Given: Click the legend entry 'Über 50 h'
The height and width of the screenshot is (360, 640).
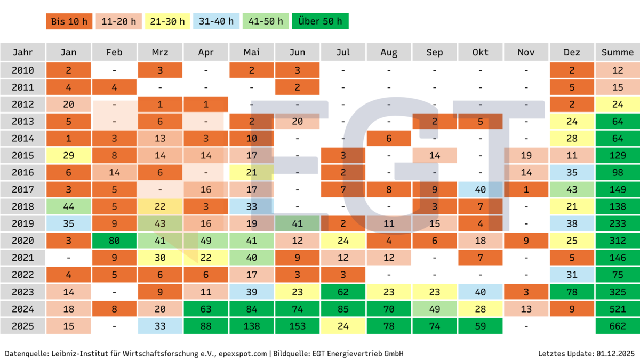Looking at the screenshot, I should pos(320,21).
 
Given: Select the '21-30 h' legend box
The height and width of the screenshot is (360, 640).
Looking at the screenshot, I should pos(167,21).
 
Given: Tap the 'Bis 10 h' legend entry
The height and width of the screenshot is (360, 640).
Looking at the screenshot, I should pos(69,21).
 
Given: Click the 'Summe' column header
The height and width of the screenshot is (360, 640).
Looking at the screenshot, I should pos(617,52).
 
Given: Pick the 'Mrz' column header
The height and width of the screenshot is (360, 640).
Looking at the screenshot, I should pos(160,52).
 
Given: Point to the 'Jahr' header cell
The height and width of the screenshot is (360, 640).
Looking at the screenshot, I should pos(22,52).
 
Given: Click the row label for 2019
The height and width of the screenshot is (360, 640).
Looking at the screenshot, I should pos(22,223).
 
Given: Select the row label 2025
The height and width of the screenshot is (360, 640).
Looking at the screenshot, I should pos(22,326).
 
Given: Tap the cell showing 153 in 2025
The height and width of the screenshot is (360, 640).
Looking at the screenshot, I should pos(297,326).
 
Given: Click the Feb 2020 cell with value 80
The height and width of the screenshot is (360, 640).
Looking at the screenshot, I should pos(114,241).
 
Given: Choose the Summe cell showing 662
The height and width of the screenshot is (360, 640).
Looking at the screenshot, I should pos(617,326).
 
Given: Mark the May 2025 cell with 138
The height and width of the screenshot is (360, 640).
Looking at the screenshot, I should pos(252,326).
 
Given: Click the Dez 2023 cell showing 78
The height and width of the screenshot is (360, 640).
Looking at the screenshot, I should pos(572,292).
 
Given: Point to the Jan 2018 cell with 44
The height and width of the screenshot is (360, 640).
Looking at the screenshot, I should pos(69,206).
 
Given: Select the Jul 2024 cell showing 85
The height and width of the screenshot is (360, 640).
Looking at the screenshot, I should pos(343,309).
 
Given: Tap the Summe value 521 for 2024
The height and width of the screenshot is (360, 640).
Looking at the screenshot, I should pos(617,309).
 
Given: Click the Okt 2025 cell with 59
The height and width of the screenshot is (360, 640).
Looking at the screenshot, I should pos(480,326).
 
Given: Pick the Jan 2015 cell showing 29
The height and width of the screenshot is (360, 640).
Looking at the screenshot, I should pos(69,155).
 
